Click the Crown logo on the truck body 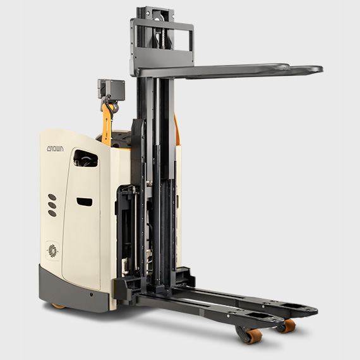click(56, 148)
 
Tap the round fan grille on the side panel click(53, 250)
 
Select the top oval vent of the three click(52, 197)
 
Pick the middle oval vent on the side click(52, 205)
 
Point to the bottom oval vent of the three click(52, 213)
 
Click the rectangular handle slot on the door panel click(85, 201)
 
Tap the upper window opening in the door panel click(86, 159)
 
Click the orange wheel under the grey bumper click(59, 306)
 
